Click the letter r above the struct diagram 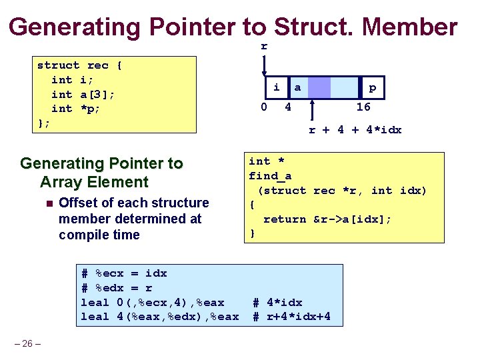264,46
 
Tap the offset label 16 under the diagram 363,107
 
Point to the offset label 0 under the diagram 264,107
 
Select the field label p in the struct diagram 372,87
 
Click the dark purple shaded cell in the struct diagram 319,87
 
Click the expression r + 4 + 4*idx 355,130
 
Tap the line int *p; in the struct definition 76,108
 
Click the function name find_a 270,176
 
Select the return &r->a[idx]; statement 327,219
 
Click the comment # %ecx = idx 124,273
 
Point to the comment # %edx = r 117,288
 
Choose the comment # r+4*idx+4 291,317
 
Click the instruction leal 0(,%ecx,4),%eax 153,303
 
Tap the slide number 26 27,344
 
